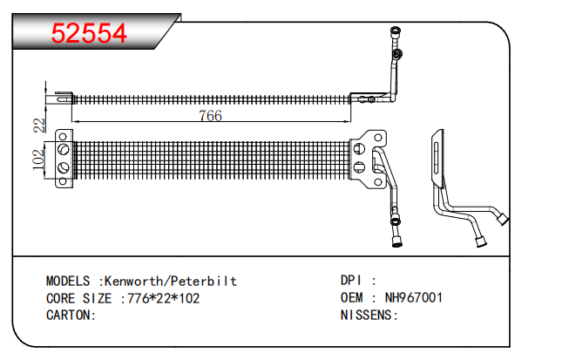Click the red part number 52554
coord(89,33)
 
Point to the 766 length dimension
coord(211,116)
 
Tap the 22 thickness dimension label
coord(39,126)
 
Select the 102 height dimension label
coord(38,160)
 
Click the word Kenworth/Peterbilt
coord(171,282)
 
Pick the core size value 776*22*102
coord(163,298)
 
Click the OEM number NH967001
coord(414,297)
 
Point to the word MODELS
coord(68,282)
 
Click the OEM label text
coord(351,297)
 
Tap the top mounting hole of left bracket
coord(63,137)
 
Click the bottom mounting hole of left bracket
coord(63,180)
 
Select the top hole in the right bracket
coord(378,138)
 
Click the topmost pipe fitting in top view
coord(396,31)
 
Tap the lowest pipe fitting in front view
coord(397,242)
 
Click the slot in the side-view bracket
coord(437,158)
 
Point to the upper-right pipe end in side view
coord(503,219)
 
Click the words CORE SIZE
coord(78,298)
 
